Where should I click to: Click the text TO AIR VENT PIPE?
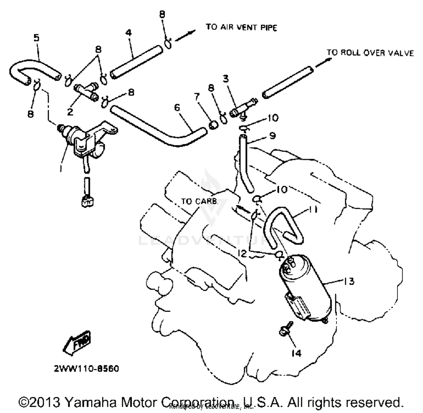(x=241, y=27)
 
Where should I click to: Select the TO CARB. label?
(x=199, y=201)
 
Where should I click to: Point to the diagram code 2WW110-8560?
(x=87, y=369)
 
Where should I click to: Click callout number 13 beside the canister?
(x=349, y=281)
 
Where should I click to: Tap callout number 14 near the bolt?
(x=296, y=353)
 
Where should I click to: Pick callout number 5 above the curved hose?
(x=36, y=38)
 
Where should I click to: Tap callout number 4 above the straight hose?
(x=129, y=33)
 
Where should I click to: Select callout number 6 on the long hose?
(x=177, y=108)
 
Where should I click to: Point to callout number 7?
(x=197, y=97)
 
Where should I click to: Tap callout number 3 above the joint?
(x=226, y=79)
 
